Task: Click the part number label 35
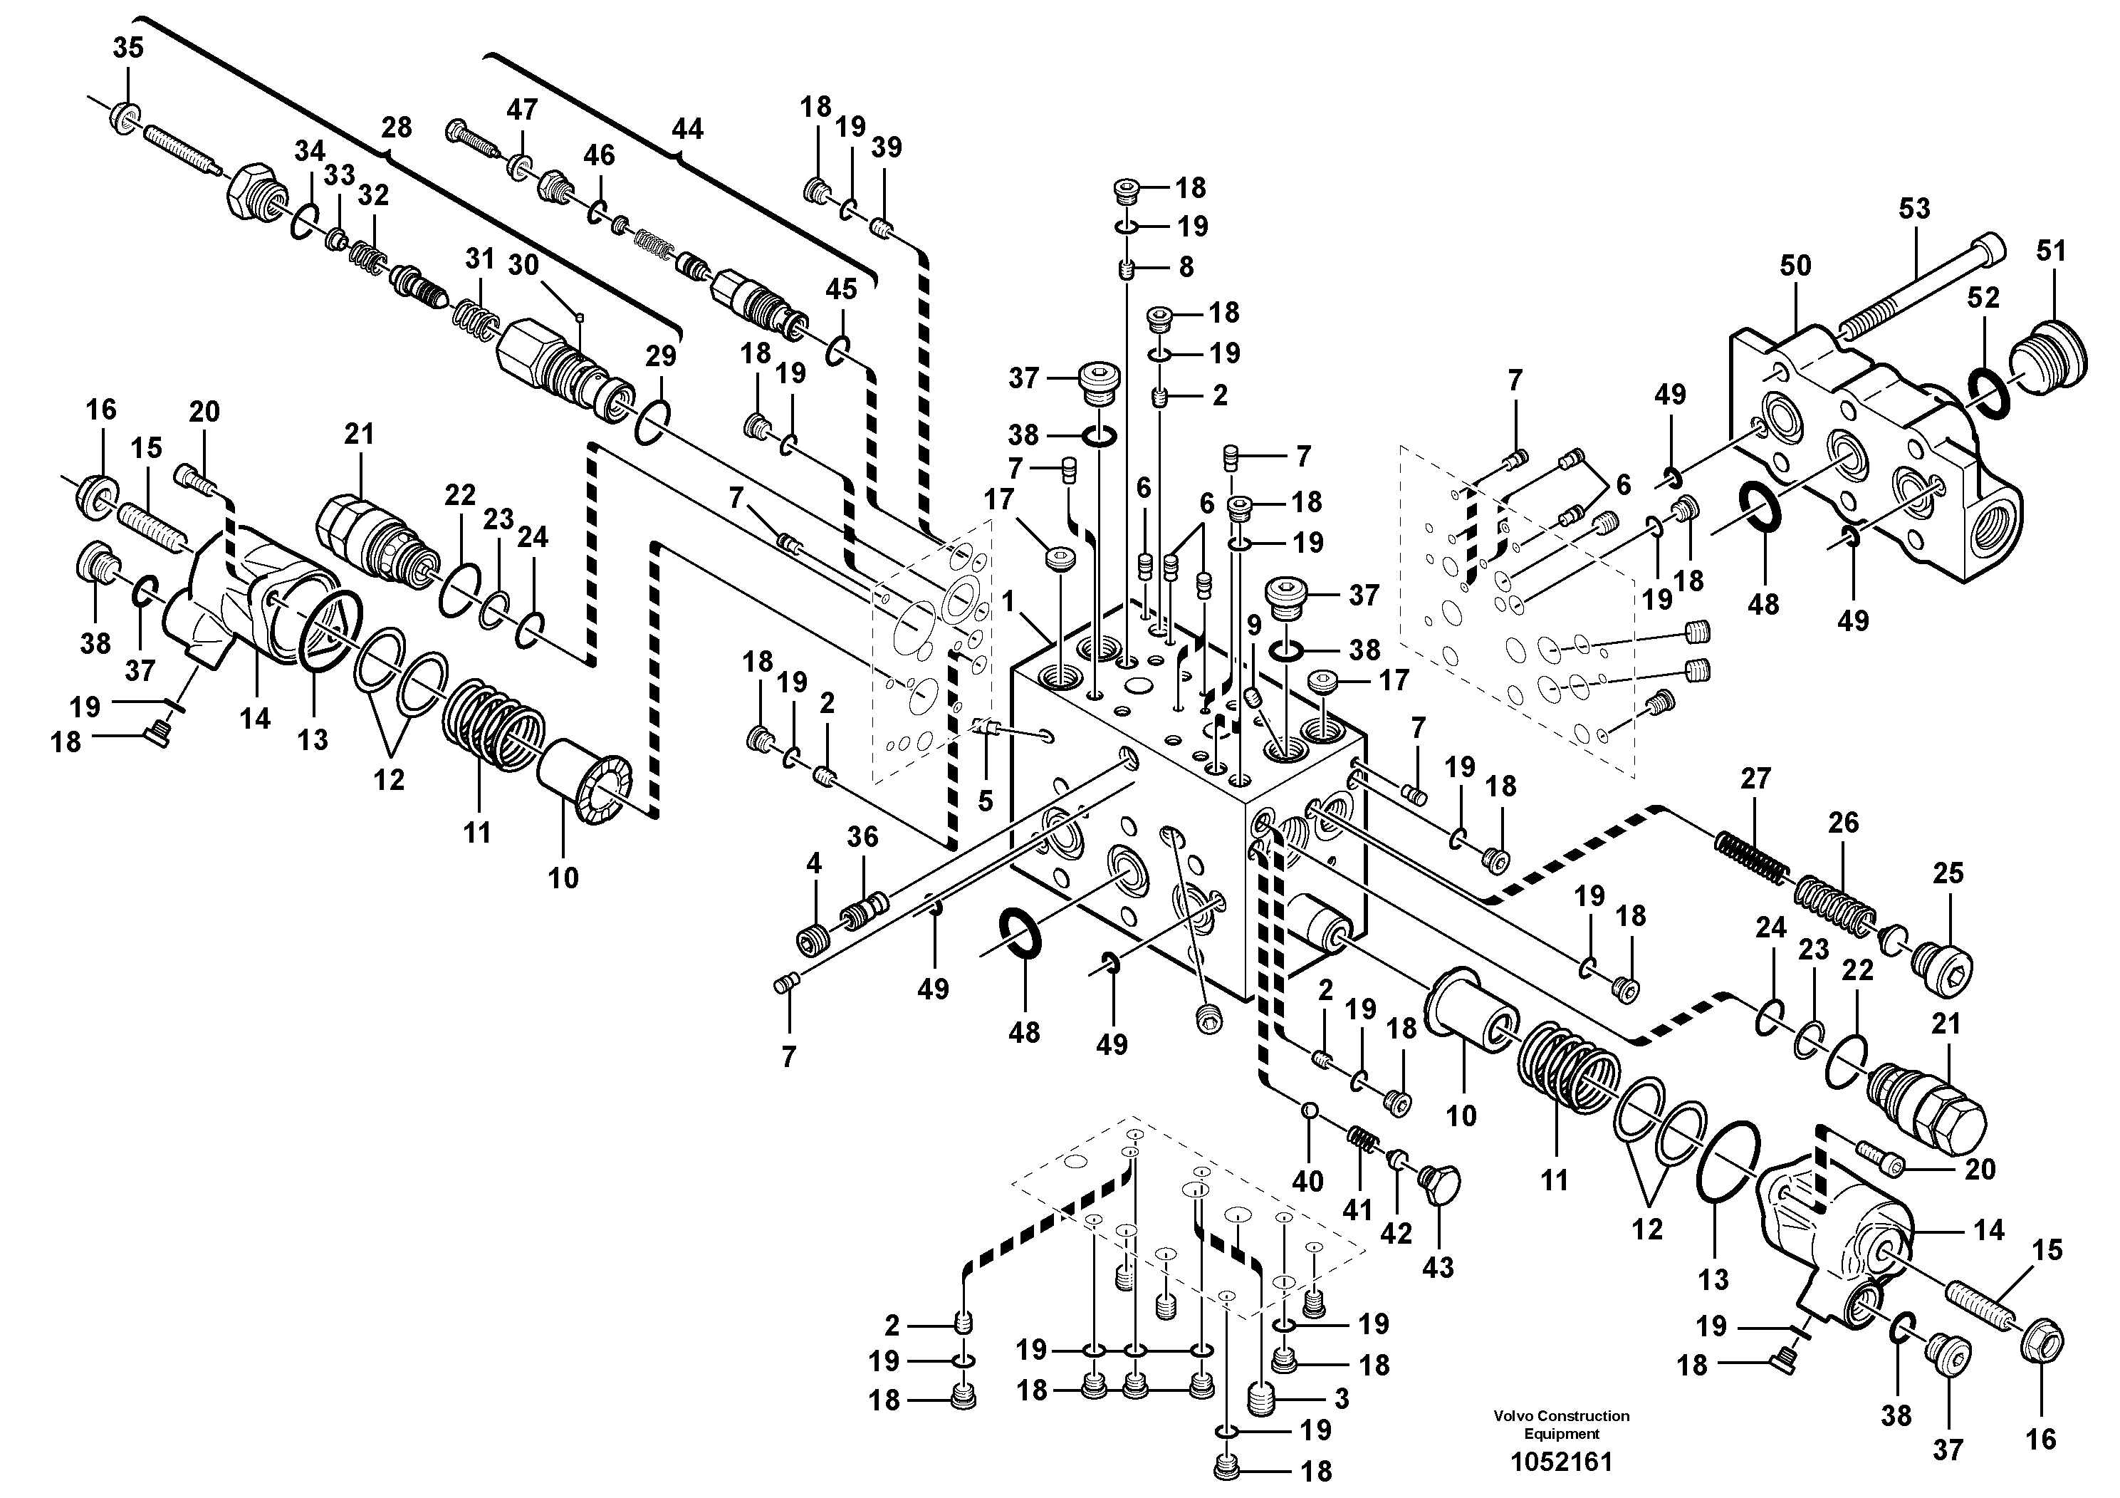tap(128, 48)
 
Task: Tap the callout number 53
tap(1913, 209)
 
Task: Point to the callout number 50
tap(1795, 266)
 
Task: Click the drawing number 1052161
tap(1562, 1462)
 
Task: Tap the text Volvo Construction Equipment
tap(1562, 1424)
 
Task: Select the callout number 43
tap(1438, 1268)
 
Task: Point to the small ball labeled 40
tap(1307, 1110)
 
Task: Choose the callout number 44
tap(687, 130)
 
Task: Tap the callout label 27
tap(1755, 779)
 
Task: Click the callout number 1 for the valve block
tap(1008, 602)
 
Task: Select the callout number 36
tap(862, 837)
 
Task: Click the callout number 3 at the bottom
tap(1341, 1398)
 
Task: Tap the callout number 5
tap(985, 801)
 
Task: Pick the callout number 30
tap(523, 265)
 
